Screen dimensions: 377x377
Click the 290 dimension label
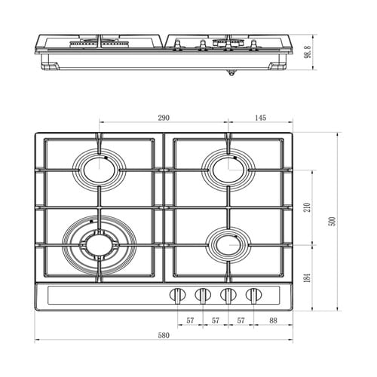(x=164, y=118)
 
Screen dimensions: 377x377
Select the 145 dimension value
(x=260, y=118)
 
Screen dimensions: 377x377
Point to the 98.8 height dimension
(x=308, y=52)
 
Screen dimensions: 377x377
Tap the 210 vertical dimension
(x=307, y=207)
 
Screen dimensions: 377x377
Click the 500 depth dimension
(x=333, y=222)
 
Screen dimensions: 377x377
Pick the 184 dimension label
(x=307, y=277)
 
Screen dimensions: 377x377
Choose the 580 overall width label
(x=164, y=335)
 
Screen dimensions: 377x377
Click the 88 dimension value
(x=273, y=320)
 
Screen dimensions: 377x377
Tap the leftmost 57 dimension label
(x=190, y=320)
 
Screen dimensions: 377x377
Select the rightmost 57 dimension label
(x=241, y=320)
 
